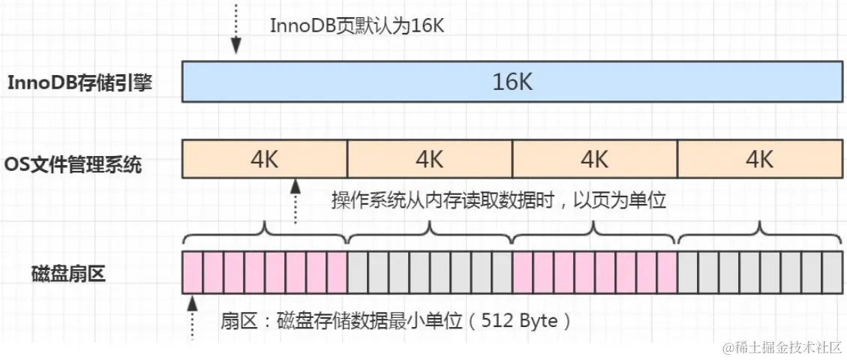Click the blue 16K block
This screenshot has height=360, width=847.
512,81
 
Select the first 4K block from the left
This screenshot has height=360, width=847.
265,159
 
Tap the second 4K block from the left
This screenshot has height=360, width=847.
430,159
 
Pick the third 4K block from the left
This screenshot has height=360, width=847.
595,159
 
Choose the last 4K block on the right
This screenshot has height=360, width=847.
760,159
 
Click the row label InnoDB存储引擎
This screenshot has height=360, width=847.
80,82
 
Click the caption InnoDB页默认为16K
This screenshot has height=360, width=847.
359,25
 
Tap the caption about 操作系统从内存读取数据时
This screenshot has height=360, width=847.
499,200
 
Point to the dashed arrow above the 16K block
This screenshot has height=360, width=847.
236,28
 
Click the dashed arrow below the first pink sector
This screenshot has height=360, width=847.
193,316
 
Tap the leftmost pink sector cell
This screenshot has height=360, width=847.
193,271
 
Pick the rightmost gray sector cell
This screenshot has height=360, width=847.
833,271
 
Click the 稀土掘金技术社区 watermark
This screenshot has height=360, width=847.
781,348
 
